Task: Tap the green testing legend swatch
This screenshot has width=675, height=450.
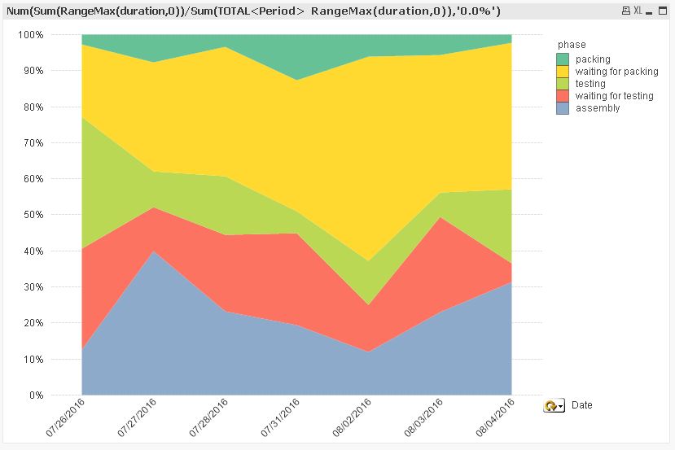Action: tap(563, 84)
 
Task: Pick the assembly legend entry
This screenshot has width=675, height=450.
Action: tap(597, 108)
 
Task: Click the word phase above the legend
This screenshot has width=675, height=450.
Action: tap(572, 45)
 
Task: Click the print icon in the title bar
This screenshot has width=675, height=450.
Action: tap(625, 11)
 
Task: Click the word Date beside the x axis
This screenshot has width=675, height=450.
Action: tap(581, 405)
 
